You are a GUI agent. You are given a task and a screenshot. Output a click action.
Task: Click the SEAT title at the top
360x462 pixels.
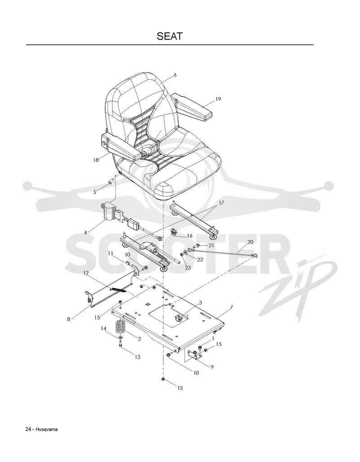[170, 36]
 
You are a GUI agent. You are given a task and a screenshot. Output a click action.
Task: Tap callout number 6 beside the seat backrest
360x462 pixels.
[175, 75]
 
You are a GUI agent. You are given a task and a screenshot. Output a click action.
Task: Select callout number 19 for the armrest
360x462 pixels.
[218, 99]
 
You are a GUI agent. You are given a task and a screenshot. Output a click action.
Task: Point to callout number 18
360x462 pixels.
[95, 160]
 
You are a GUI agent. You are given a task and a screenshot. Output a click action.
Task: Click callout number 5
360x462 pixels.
[94, 192]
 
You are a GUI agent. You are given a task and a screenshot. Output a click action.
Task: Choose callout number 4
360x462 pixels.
[85, 233]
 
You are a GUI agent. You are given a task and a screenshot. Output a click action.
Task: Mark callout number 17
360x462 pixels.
[221, 203]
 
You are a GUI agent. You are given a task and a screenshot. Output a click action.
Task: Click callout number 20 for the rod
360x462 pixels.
[250, 242]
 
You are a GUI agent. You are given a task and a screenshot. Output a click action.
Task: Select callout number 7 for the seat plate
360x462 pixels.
[231, 307]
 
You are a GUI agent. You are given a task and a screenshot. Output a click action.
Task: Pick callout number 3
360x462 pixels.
[201, 303]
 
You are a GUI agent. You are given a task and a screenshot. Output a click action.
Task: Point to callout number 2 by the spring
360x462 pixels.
[139, 339]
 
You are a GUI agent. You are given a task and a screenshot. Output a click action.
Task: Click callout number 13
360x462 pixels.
[137, 357]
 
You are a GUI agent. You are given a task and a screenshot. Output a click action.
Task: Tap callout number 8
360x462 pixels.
[69, 319]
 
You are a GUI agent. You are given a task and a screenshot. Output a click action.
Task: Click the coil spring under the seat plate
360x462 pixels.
[121, 327]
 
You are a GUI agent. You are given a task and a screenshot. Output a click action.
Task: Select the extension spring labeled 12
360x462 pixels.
[117, 290]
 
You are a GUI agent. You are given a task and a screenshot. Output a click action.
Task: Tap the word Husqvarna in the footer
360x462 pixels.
[47, 429]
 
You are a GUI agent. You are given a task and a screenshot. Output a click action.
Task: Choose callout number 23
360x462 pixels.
[188, 268]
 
